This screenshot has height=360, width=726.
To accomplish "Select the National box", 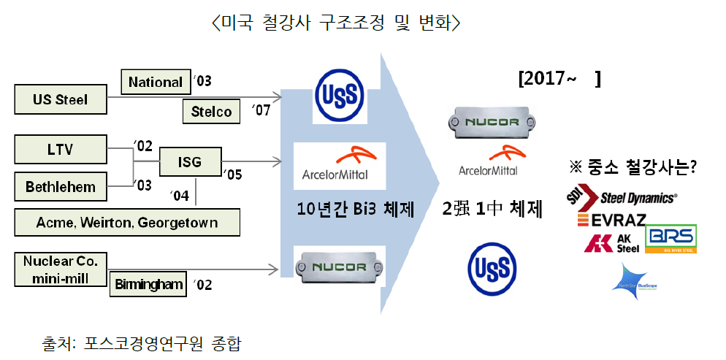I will click(155, 82).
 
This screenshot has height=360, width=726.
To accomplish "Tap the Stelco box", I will click(211, 112).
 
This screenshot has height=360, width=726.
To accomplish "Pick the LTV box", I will click(60, 151).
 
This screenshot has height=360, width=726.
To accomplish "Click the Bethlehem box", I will click(60, 186).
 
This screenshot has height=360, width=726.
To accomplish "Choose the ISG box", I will click(190, 161).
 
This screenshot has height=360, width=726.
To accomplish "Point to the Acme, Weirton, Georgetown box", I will click(127, 222).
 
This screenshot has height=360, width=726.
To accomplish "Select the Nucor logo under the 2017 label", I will click(488, 120).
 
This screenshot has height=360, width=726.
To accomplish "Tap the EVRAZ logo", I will click(610, 218).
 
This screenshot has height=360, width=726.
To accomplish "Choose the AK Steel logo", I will click(611, 243).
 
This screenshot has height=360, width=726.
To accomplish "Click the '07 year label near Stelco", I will click(260, 112).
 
